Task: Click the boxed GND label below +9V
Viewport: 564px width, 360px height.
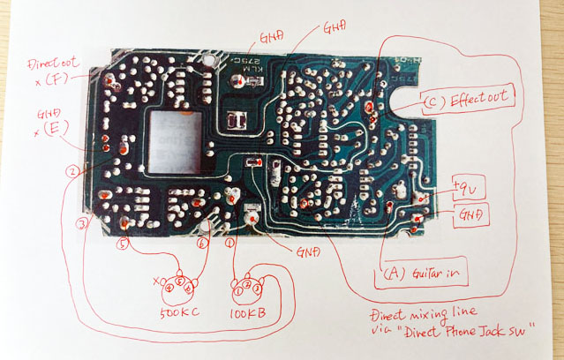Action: pyautogui.click(x=473, y=214)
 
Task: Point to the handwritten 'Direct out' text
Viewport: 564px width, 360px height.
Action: pyautogui.click(x=52, y=64)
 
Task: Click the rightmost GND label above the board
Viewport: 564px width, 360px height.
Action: pyautogui.click(x=335, y=28)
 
